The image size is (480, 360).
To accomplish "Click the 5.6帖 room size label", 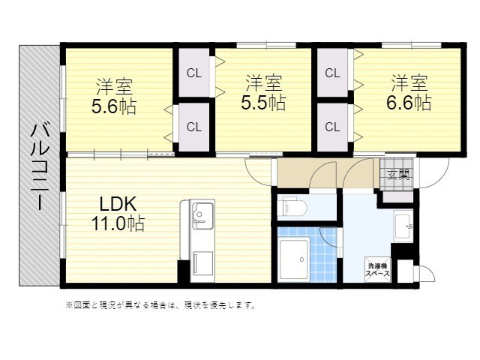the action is pos(114,106).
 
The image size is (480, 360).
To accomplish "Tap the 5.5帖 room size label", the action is pos(263,103).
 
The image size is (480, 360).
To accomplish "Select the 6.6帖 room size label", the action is pos(409,103).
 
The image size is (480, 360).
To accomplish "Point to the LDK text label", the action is pos(118,204).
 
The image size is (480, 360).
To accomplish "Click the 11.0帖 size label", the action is pos(118,223).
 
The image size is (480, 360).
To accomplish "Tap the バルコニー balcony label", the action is pos(40,166).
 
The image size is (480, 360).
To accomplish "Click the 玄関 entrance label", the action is pos(398,175).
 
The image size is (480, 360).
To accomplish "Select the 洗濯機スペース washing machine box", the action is pos(378,270).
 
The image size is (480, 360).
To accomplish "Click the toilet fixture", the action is pos(295,207).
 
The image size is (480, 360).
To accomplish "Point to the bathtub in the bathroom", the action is pos(293,259).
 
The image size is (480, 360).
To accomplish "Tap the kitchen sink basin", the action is pos(202,215).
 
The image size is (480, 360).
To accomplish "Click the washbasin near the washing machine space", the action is pos(403,226).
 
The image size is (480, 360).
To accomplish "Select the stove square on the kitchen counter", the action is pos(202,262).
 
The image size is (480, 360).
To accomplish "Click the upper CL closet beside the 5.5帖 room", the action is pos(194,73).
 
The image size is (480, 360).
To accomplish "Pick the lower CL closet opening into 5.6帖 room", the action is pos(194,127).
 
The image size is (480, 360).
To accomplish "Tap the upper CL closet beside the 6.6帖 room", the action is pos(332,73).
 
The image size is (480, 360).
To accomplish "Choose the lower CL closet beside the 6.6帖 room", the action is pos(332,127).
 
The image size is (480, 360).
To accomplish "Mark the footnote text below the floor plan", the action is pos(160,305).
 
